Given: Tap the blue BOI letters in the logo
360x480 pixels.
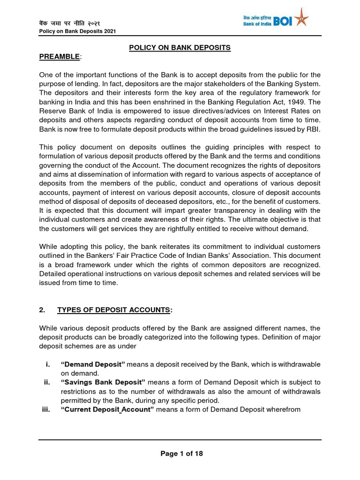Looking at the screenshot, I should pyautogui.click(x=282, y=21).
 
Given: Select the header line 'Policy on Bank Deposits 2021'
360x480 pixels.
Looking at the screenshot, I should pyautogui.click(x=77, y=31).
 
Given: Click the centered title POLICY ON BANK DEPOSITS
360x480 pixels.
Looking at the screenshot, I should pyautogui.click(x=180, y=47).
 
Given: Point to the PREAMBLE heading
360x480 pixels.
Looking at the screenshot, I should pyautogui.click(x=59, y=57).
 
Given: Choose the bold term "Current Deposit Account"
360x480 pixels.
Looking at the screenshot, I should pyautogui.click(x=107, y=409).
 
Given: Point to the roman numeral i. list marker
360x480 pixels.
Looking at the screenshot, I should pyautogui.click(x=48, y=364).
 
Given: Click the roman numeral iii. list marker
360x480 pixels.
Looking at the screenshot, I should pyautogui.click(x=46, y=409).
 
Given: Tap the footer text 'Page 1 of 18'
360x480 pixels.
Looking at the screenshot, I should pyautogui.click(x=181, y=453).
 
